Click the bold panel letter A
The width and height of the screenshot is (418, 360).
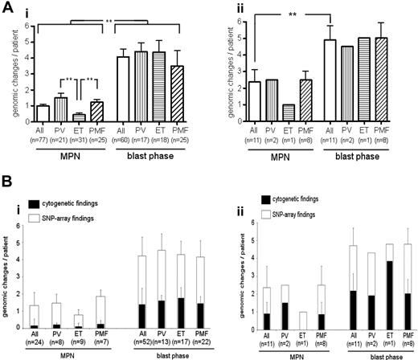point(7,7)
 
